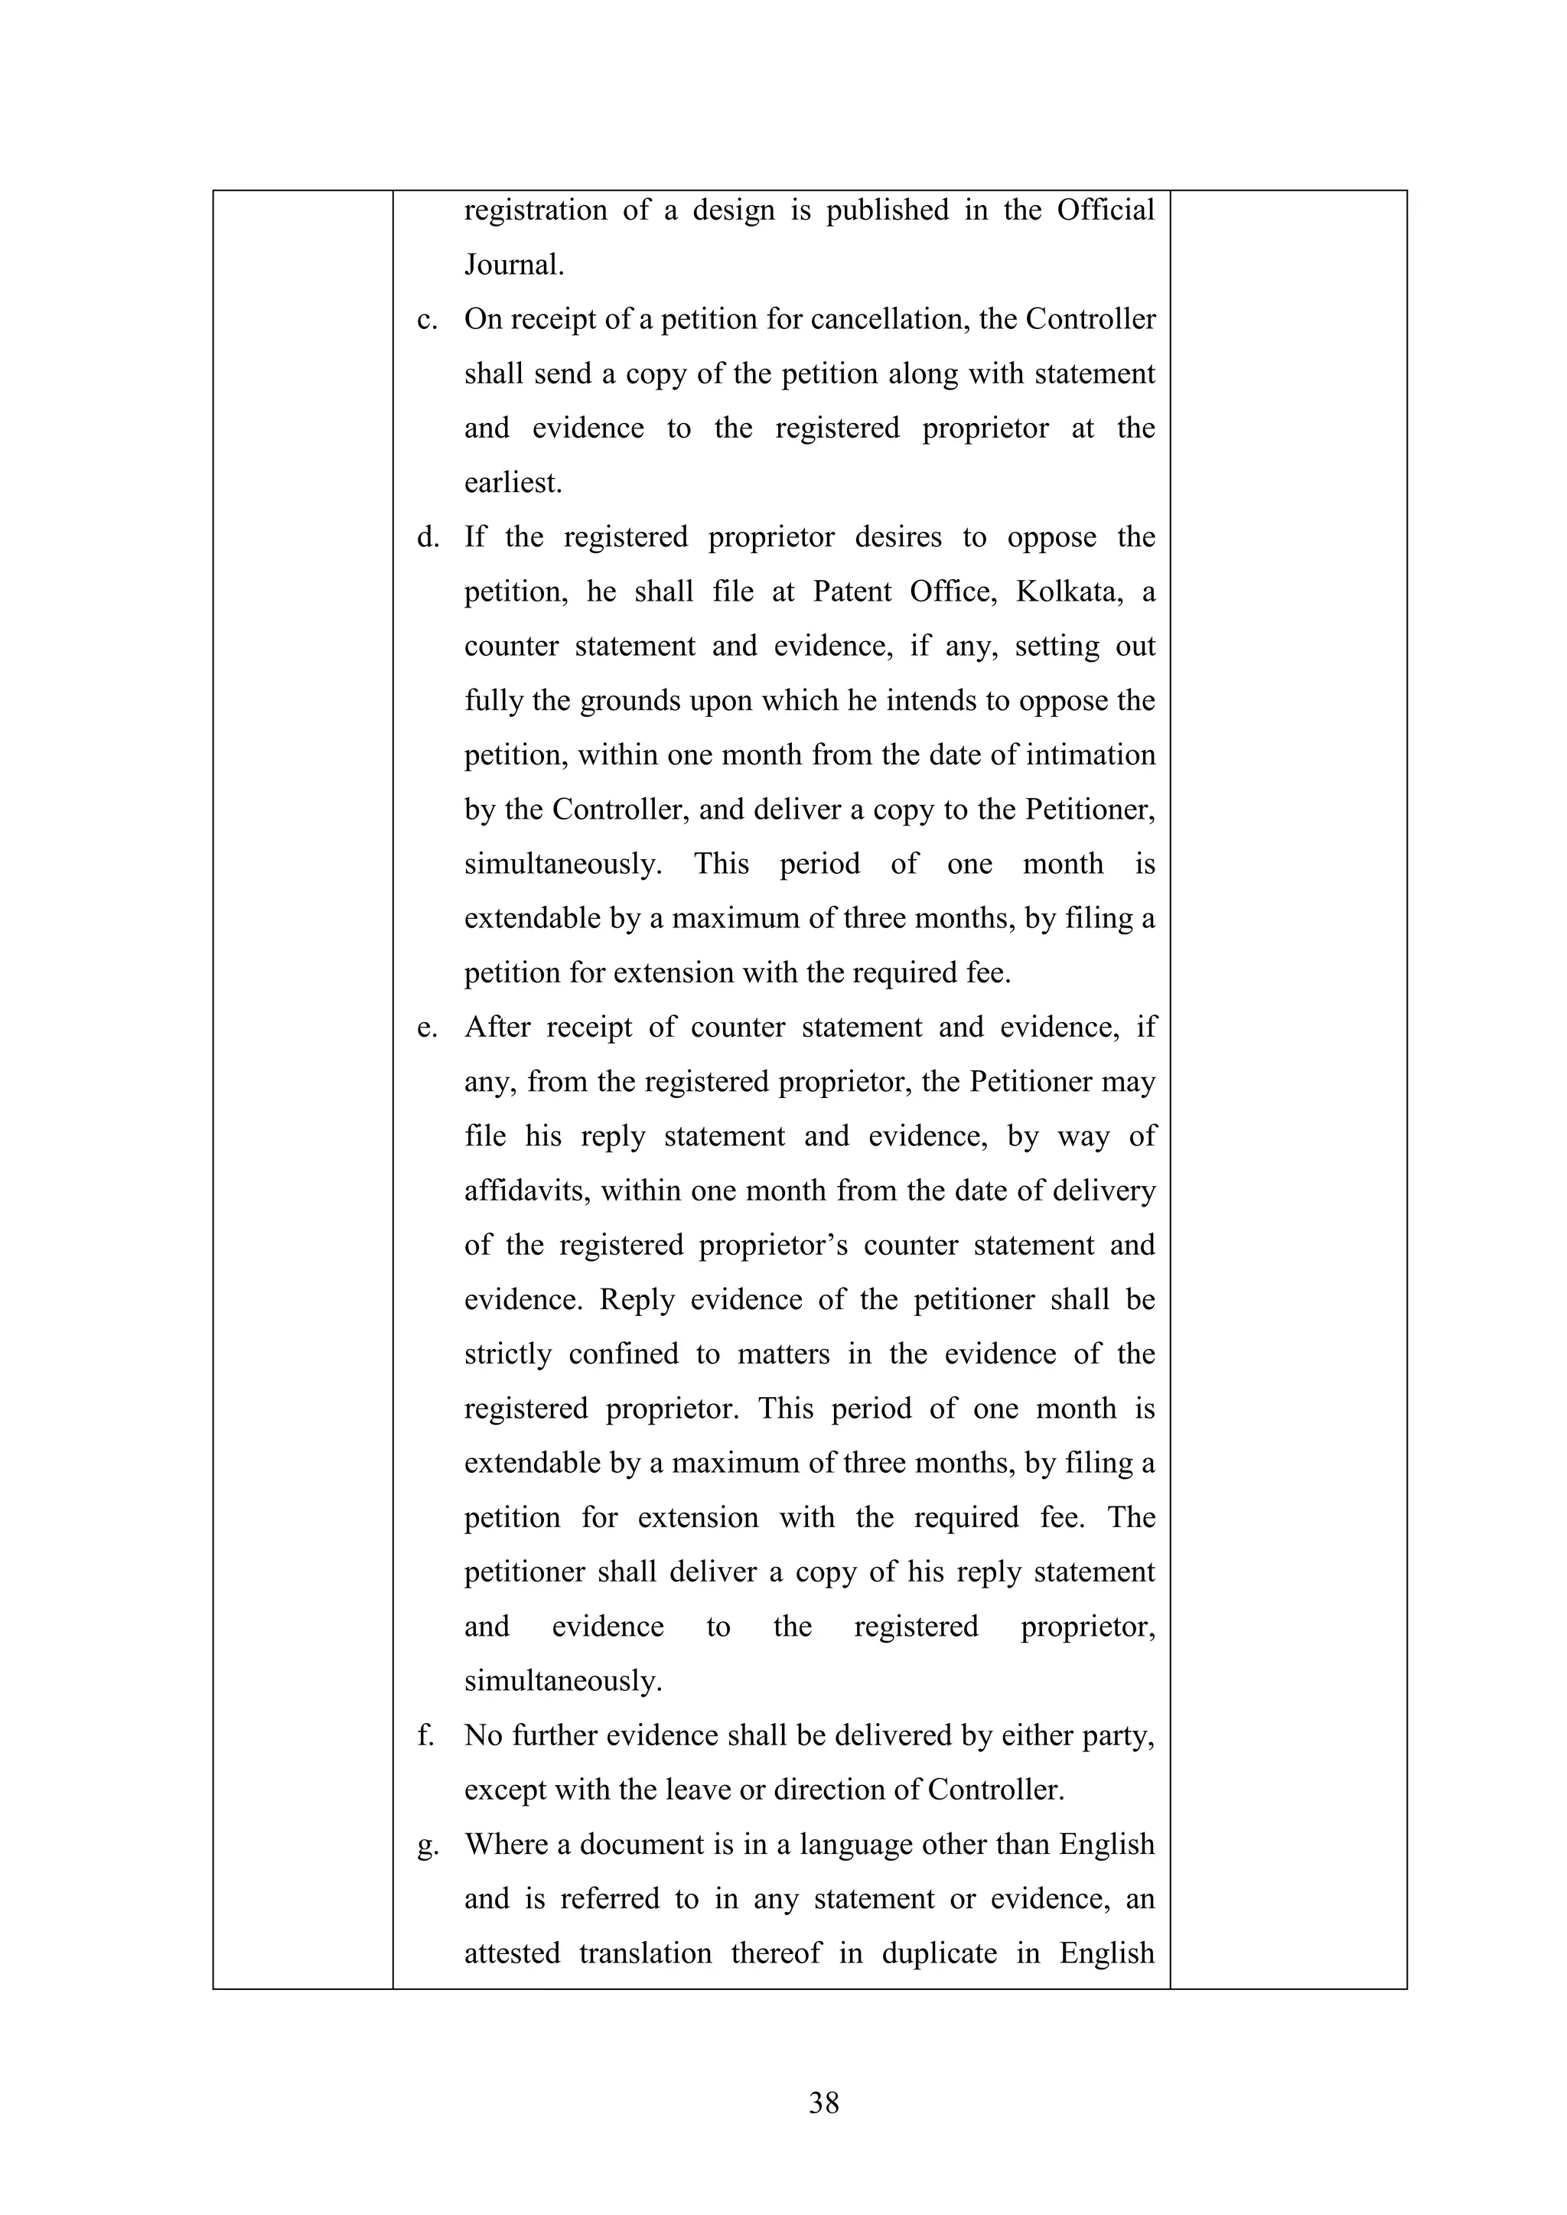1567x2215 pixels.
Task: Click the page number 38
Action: (823, 2102)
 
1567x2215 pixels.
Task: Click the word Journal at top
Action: (513, 264)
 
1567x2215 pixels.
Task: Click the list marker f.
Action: (425, 1735)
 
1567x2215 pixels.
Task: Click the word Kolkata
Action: (1069, 591)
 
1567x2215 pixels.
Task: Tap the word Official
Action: (1105, 210)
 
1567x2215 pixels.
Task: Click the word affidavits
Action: (528, 1191)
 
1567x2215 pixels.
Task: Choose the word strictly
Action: (507, 1354)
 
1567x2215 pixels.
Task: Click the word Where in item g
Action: (506, 1845)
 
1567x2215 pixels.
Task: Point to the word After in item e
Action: (497, 1028)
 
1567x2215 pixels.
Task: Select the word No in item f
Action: (483, 1735)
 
